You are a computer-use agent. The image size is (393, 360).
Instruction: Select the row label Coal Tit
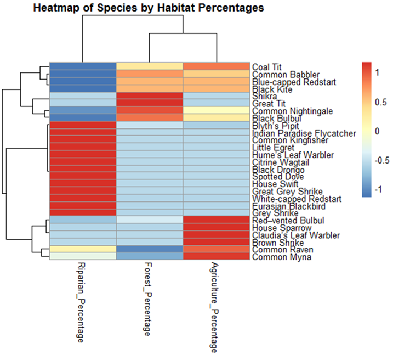pos(267,66)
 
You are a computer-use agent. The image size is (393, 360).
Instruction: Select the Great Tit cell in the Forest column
pos(149,103)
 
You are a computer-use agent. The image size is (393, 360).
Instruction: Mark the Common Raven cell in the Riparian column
pos(83,250)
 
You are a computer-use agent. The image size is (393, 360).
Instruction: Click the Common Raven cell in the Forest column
pos(149,250)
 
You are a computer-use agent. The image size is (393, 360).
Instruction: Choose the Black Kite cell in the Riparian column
pos(83,88)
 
